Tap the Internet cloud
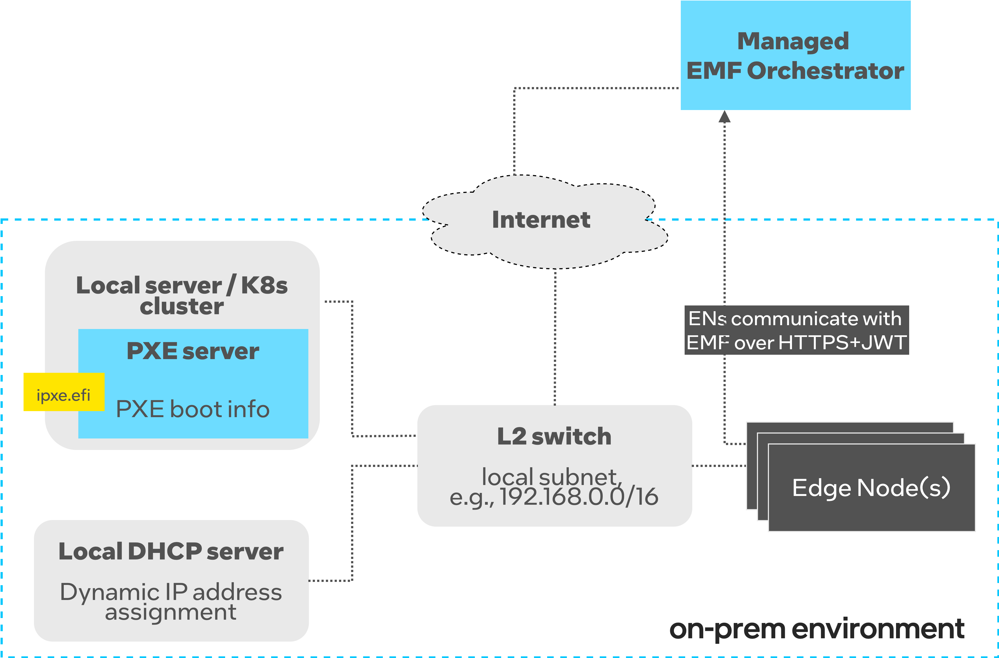tap(541, 220)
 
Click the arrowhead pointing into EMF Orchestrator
tap(725, 117)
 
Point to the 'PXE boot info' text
tap(193, 409)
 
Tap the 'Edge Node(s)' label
tap(871, 488)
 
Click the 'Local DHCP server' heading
tap(171, 552)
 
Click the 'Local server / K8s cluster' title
tap(182, 295)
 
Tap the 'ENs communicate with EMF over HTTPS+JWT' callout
tap(796, 330)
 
